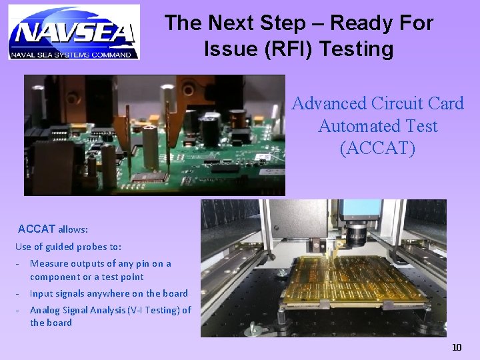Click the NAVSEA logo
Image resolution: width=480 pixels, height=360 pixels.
(73, 31)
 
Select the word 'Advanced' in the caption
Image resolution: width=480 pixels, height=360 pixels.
(329, 103)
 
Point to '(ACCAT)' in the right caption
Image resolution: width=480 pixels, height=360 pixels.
(377, 148)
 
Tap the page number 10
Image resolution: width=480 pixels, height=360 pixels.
(456, 347)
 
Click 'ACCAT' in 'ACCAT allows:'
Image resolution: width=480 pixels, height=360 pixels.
(37, 229)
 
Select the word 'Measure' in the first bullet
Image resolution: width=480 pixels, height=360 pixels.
(49, 263)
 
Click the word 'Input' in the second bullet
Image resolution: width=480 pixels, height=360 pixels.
(41, 293)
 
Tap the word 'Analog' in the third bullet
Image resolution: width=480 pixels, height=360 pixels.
(45, 310)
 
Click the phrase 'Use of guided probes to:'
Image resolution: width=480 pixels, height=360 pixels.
(68, 247)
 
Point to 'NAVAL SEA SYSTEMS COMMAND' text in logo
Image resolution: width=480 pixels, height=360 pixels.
(73, 55)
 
